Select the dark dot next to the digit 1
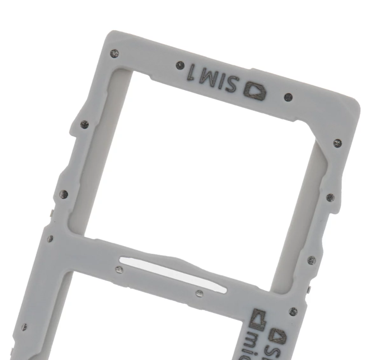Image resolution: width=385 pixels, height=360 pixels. tap(180, 66)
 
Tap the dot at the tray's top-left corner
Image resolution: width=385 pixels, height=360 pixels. tap(115, 53)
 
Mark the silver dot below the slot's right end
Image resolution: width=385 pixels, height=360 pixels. tap(199, 293)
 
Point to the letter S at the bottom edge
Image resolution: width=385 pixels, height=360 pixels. tap(270, 350)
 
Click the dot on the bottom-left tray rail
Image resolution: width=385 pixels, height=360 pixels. tap(24, 327)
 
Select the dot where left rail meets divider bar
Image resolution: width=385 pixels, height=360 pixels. tap(50, 238)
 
